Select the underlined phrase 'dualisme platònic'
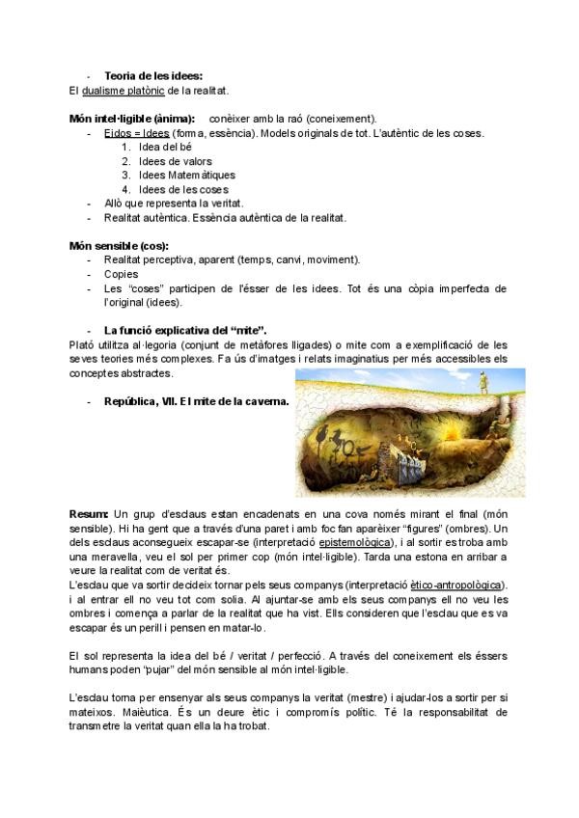124,92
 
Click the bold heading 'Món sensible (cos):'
119,246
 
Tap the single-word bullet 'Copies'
121,274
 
